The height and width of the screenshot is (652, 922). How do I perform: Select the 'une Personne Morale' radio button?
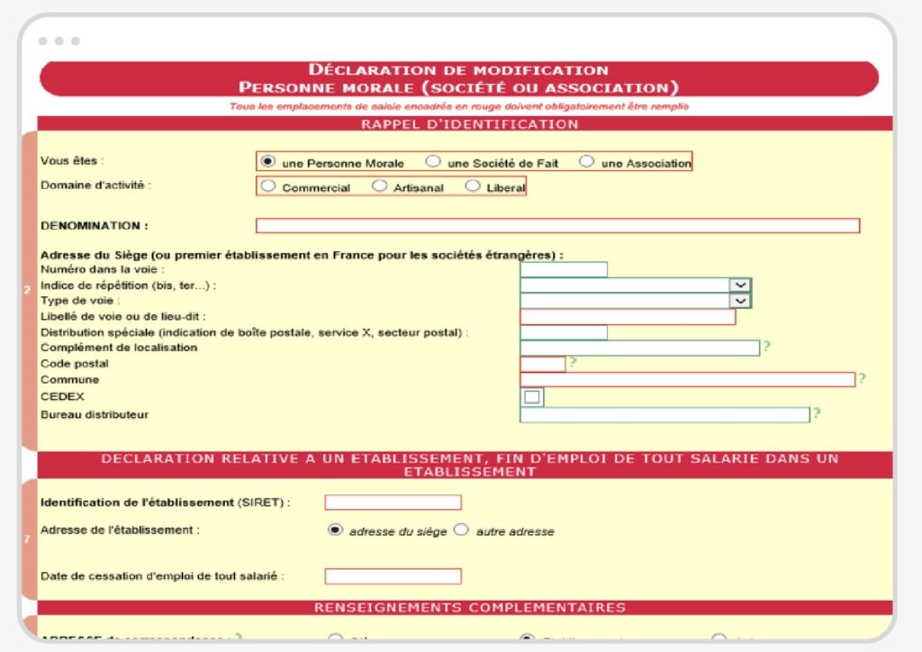pyautogui.click(x=267, y=162)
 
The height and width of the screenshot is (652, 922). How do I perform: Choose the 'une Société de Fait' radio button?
pyautogui.click(x=433, y=162)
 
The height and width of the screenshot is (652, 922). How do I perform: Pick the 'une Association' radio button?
pyautogui.click(x=587, y=162)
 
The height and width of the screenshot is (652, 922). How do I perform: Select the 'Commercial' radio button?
pyautogui.click(x=268, y=186)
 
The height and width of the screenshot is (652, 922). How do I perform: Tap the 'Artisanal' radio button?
pyautogui.click(x=380, y=186)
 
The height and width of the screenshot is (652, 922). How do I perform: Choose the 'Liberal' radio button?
pyautogui.click(x=473, y=186)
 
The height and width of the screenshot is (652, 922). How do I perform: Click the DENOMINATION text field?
pyautogui.click(x=557, y=225)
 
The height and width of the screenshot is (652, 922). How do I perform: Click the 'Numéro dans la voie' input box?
pyautogui.click(x=564, y=269)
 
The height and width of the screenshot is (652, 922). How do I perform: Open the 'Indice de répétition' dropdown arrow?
pyautogui.click(x=739, y=285)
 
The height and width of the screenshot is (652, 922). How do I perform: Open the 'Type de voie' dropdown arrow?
pyautogui.click(x=739, y=301)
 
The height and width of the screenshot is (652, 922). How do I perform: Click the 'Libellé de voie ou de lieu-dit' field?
pyautogui.click(x=628, y=317)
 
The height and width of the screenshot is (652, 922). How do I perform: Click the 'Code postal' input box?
pyautogui.click(x=543, y=364)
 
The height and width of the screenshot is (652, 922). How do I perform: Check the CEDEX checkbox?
pyautogui.click(x=532, y=397)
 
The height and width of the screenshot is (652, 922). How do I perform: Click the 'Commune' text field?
pyautogui.click(x=687, y=380)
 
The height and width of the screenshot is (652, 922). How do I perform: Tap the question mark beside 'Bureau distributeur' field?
pyautogui.click(x=817, y=413)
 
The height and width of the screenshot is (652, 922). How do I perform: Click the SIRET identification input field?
pyautogui.click(x=393, y=503)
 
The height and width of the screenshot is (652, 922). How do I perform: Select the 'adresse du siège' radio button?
pyautogui.click(x=336, y=530)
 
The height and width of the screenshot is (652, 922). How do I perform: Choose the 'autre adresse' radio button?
pyautogui.click(x=462, y=530)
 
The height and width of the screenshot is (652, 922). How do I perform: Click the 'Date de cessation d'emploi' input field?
pyautogui.click(x=393, y=576)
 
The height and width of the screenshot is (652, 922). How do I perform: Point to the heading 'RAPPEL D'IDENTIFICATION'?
pyautogui.click(x=469, y=124)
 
